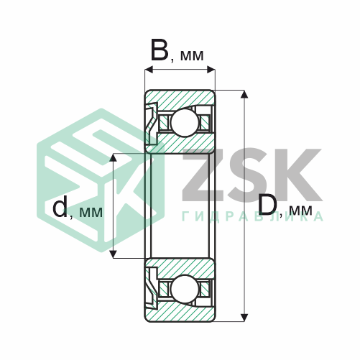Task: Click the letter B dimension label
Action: tap(160, 50)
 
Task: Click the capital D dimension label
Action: tap(268, 204)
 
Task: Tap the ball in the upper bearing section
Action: tap(185, 123)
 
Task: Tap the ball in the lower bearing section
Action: tap(185, 289)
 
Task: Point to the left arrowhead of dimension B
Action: tap(149, 70)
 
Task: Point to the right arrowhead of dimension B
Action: tap(211, 70)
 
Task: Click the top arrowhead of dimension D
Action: tap(244, 94)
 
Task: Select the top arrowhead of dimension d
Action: tap(113, 157)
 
